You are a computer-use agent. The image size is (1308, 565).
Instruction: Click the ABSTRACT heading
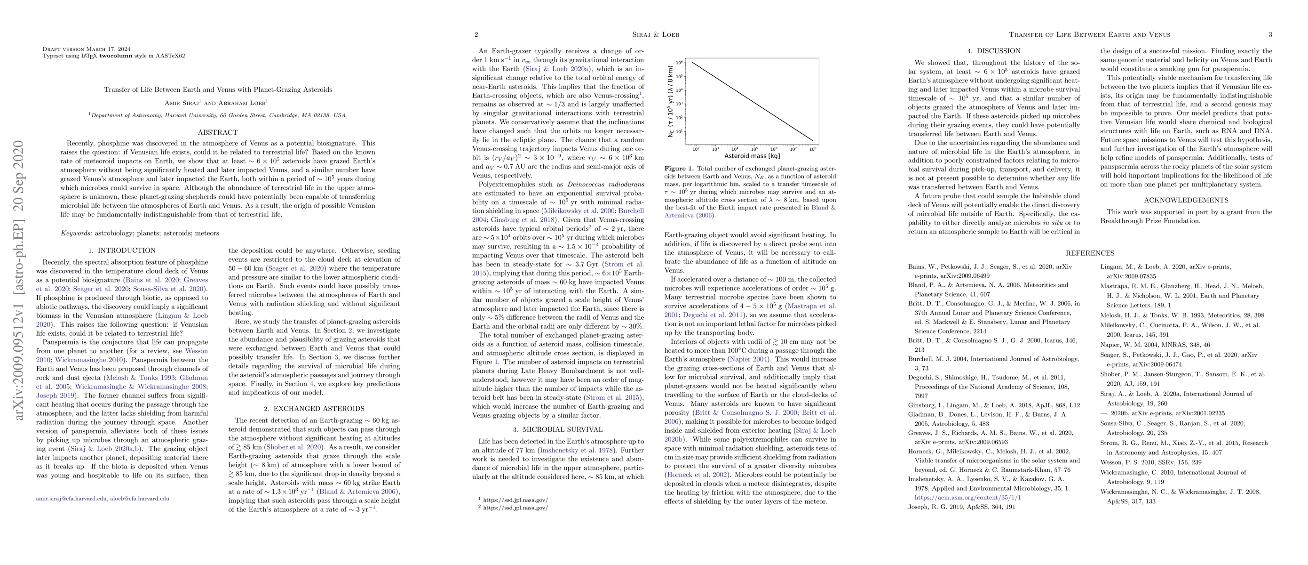click(x=217, y=133)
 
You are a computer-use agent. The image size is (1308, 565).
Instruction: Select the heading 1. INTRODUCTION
click(x=122, y=250)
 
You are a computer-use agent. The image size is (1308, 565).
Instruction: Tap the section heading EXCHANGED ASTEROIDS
click(x=314, y=409)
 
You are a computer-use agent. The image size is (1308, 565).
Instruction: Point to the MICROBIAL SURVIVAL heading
click(x=558, y=429)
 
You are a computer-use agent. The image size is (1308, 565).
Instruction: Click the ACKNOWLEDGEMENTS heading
click(x=1186, y=200)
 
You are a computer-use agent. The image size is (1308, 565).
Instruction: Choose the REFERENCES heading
click(x=1090, y=253)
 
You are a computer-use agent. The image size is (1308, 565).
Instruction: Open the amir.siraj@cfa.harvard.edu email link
click(x=71, y=499)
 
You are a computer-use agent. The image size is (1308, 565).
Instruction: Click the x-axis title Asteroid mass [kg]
click(x=752, y=156)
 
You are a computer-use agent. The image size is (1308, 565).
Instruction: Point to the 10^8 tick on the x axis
click(x=813, y=149)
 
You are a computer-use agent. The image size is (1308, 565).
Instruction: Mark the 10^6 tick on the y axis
click(x=679, y=63)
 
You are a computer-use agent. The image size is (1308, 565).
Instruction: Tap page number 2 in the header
click(x=476, y=34)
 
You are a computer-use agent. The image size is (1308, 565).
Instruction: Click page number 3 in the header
click(x=1270, y=34)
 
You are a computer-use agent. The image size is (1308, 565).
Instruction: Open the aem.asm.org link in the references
click(x=968, y=497)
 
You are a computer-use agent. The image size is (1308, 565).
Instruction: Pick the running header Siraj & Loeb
click(x=655, y=34)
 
